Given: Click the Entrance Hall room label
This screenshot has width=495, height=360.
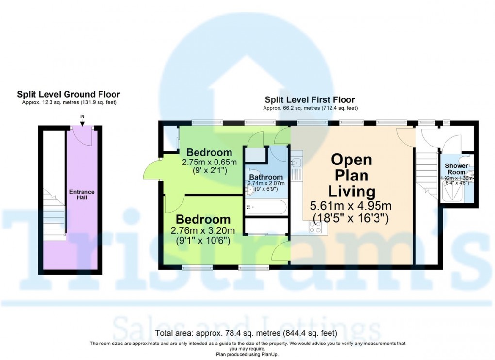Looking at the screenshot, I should click(x=81, y=195).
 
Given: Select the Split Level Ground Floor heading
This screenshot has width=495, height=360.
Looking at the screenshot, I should click(x=68, y=95).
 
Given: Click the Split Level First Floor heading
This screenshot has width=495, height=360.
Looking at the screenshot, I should click(x=310, y=100).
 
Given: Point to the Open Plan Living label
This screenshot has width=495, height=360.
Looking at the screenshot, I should click(x=351, y=175).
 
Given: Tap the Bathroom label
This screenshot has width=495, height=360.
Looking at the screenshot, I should click(x=266, y=177).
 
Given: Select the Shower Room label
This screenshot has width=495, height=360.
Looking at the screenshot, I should click(x=457, y=169).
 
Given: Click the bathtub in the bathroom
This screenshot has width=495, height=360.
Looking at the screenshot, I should click(x=266, y=207).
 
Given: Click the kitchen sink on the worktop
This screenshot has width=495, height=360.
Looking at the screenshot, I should click(x=297, y=164).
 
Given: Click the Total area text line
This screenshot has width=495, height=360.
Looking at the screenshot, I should click(x=247, y=333).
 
